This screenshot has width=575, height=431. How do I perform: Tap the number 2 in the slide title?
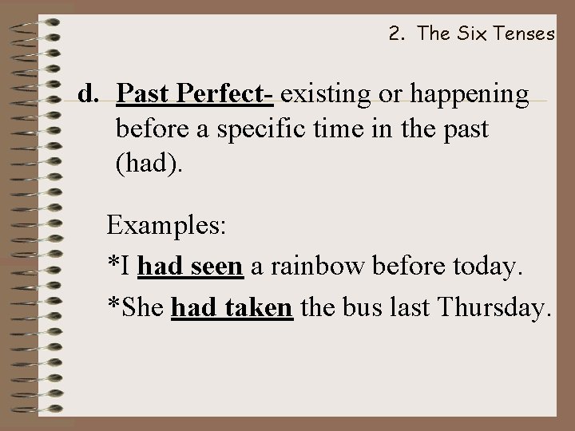coord(395,34)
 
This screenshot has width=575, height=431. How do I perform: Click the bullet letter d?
coord(88,94)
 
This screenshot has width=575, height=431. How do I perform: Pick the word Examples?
coord(168,225)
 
